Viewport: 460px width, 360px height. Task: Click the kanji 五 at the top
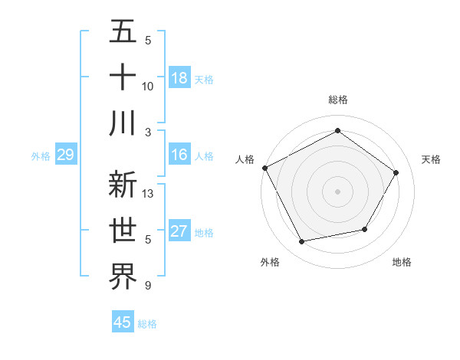pyautogui.click(x=123, y=33)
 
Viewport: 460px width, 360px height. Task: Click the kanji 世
pyautogui.click(x=123, y=230)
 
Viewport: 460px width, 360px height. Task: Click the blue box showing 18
pyautogui.click(x=179, y=78)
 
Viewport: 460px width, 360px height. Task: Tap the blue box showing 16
pyautogui.click(x=179, y=155)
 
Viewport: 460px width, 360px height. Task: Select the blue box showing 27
pyautogui.click(x=179, y=232)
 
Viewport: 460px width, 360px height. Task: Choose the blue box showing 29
pyautogui.click(x=65, y=155)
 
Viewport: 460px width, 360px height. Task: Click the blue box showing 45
pyautogui.click(x=123, y=322)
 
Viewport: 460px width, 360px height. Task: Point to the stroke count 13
pyautogui.click(x=149, y=194)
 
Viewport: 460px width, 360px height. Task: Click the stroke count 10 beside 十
pyautogui.click(x=149, y=86)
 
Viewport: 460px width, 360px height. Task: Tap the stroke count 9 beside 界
pyautogui.click(x=147, y=286)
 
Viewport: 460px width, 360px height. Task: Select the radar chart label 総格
pyautogui.click(x=337, y=100)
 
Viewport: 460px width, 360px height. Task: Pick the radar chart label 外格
pyautogui.click(x=270, y=262)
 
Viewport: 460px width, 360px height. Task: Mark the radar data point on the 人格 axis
pyautogui.click(x=264, y=167)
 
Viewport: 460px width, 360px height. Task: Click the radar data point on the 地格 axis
pyautogui.click(x=365, y=229)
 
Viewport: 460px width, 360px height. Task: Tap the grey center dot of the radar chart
pyautogui.click(x=337, y=191)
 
